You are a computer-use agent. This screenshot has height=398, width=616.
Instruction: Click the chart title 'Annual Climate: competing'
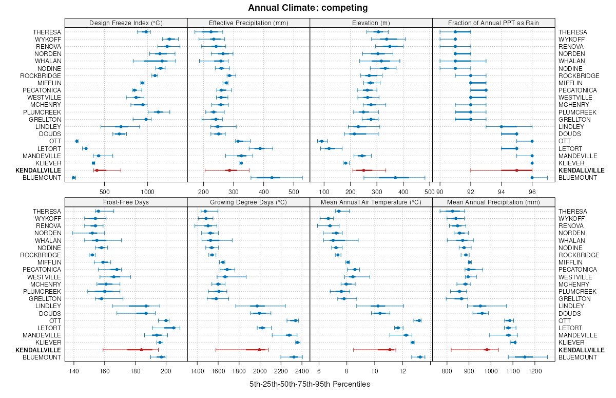coord(307,8)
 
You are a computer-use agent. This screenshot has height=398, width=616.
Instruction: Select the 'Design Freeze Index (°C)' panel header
coord(126,23)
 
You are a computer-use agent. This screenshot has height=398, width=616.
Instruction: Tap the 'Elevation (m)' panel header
coord(371,23)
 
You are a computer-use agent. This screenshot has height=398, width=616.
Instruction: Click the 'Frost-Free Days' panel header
coord(126,202)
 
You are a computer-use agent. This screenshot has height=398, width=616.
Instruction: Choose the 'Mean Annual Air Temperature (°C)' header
coord(371,202)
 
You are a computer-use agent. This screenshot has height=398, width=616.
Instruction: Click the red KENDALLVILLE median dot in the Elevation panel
coord(363,170)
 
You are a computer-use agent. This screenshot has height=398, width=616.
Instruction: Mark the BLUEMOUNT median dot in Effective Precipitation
coord(272,178)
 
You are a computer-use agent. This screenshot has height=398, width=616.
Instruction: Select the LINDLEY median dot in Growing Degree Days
coord(257,306)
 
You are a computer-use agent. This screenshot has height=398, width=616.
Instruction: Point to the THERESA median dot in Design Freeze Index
coord(146,32)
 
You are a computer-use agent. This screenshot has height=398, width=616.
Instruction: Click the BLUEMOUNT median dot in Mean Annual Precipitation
coord(525,357)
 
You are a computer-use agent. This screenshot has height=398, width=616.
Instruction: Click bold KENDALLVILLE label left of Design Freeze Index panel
coord(38,170)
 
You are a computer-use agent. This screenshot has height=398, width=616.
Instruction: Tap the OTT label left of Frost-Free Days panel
coord(55,320)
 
